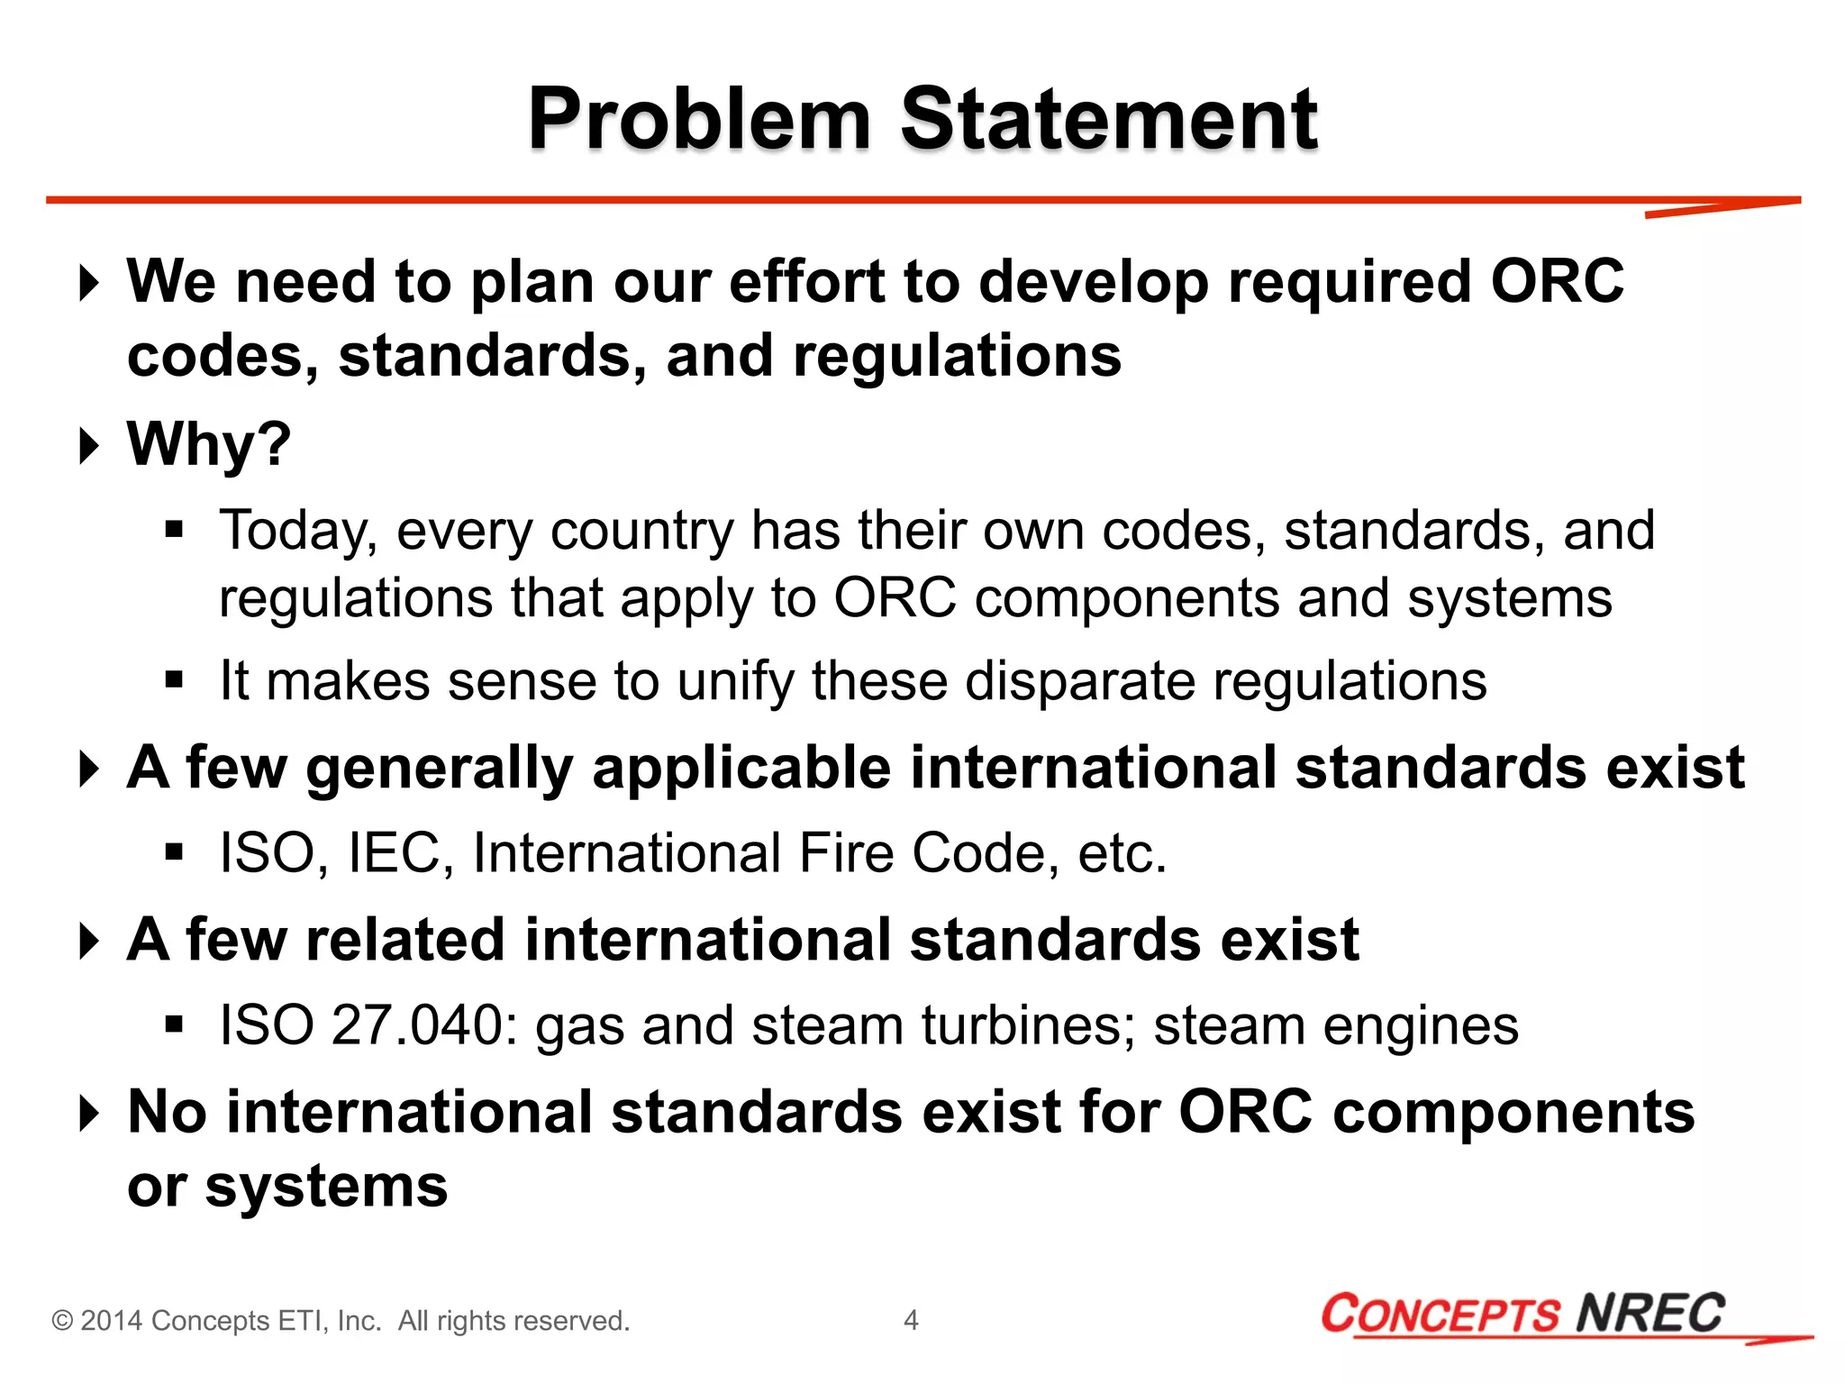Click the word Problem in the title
pos(699,120)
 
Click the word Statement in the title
pos(1109,120)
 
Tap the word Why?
pos(209,444)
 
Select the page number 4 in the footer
pos(911,1320)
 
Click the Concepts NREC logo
pos(1523,1314)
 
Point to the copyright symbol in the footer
pos(62,1321)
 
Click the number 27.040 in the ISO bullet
pos(415,1025)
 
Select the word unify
pos(735,681)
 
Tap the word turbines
pos(1028,1025)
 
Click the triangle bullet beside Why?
pos(88,446)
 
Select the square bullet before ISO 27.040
pos(175,1024)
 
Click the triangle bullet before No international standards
pos(88,1114)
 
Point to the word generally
pos(439,769)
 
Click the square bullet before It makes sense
pos(175,679)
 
